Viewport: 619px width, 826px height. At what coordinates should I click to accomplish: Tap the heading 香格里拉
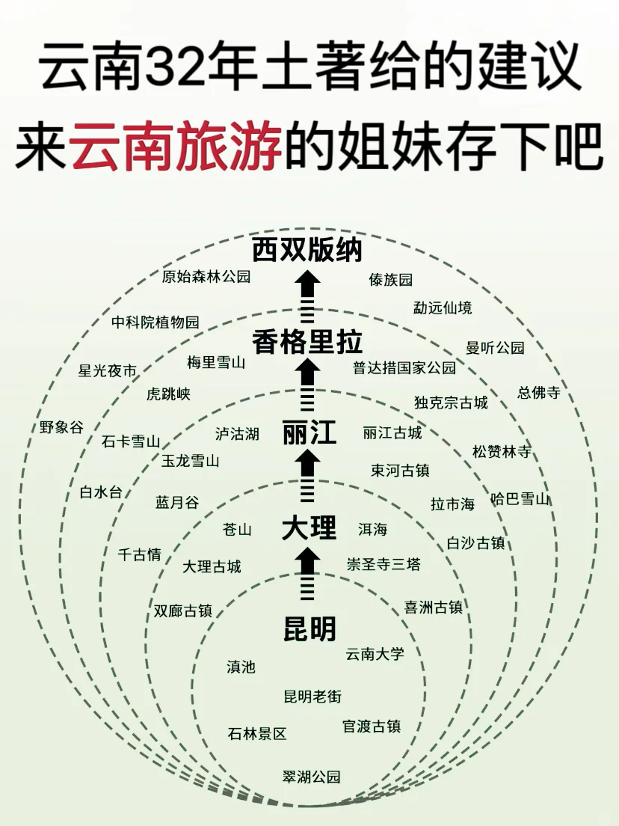pos(307,342)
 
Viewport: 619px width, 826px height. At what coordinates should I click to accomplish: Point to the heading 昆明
pos(309,628)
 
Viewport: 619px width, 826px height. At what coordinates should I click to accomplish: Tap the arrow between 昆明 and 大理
pos(307,574)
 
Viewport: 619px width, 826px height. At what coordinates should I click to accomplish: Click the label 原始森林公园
pos(206,277)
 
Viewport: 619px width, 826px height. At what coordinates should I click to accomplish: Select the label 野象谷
pos(62,427)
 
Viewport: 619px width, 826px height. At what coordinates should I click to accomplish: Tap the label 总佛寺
pos(538,393)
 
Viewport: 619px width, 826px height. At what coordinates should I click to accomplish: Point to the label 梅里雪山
pos(216,363)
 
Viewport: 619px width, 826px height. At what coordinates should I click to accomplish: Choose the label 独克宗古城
pos(451,403)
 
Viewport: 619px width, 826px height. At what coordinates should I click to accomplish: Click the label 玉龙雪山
pos(191,461)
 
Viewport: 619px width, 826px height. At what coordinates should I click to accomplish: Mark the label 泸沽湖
pos(237,434)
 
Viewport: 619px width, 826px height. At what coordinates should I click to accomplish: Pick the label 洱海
pos(372,529)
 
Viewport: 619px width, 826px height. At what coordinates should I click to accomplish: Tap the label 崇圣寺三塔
pos(384,564)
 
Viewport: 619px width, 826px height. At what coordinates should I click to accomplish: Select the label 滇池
pos(241,667)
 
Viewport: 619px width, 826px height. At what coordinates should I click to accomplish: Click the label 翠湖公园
pos(312,777)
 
